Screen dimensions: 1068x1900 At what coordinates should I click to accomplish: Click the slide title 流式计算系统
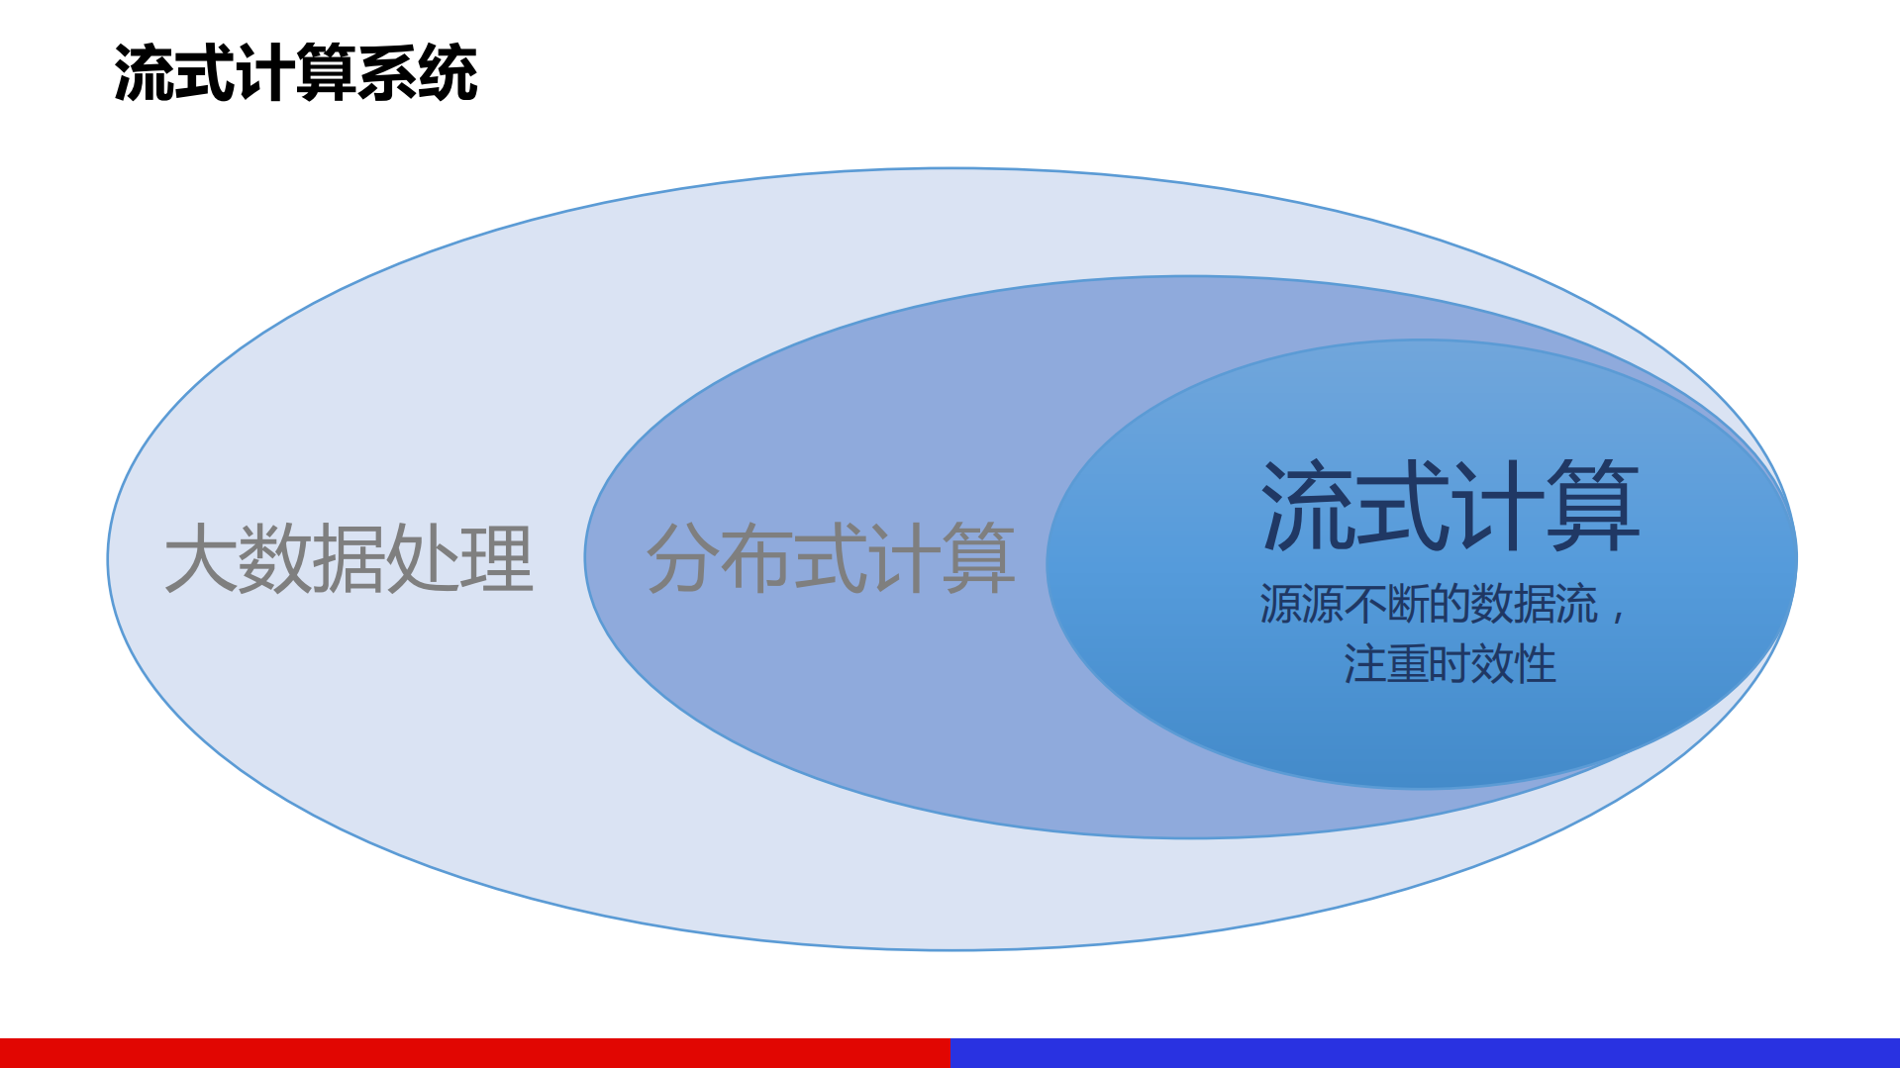coord(295,74)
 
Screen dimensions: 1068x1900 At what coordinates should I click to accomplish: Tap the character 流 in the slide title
coord(145,74)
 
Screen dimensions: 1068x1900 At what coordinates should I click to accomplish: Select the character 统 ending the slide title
coord(448,74)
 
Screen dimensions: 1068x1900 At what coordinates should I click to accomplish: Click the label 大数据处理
coord(349,559)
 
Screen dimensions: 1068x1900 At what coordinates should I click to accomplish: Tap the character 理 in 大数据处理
coord(497,559)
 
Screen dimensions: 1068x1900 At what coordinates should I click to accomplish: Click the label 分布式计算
coord(831,559)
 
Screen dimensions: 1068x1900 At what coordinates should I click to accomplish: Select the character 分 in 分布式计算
coord(682,559)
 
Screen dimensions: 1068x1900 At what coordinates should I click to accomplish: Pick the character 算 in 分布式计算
coord(979,559)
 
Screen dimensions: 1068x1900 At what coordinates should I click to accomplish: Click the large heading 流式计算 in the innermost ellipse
coord(1450,507)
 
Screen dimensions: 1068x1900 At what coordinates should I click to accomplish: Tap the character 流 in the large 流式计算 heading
coord(1308,507)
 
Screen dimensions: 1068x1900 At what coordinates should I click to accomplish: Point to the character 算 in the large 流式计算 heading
coord(1593,507)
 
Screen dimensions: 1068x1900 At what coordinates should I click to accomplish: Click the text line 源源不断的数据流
coord(1429,604)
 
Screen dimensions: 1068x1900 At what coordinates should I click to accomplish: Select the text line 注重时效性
coord(1450,663)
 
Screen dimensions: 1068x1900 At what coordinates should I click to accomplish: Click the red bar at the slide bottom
coord(475,1052)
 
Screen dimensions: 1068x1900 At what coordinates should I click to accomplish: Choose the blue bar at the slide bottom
coord(1425,1052)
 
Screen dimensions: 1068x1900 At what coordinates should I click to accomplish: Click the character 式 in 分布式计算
coord(831,559)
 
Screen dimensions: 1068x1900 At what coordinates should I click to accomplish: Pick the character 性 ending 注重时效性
coord(1536,663)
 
